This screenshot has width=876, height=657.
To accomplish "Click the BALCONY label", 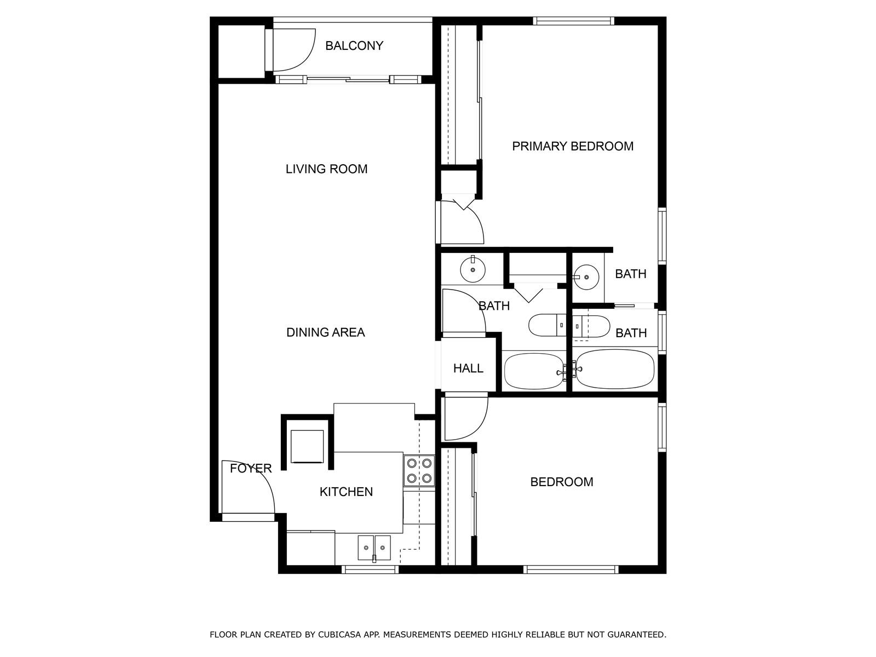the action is [x=354, y=46].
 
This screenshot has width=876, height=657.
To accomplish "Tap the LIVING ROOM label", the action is [x=326, y=169].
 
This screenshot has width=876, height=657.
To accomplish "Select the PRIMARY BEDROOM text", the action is [x=573, y=146].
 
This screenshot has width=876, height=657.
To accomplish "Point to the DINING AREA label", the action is [x=326, y=332].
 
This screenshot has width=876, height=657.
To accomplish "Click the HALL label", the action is [x=468, y=368].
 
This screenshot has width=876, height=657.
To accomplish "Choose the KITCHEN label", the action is [x=346, y=492].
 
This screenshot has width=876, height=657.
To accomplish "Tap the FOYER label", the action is [x=251, y=468].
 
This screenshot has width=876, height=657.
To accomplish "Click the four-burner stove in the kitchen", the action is [x=419, y=471].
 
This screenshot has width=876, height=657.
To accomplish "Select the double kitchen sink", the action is [x=374, y=547].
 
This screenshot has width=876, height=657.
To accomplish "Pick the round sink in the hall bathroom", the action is [x=473, y=270].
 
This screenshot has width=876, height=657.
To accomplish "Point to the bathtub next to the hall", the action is [x=534, y=372].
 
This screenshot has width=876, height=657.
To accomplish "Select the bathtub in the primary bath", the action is [x=615, y=369].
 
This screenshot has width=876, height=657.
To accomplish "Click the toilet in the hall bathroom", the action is [x=547, y=325].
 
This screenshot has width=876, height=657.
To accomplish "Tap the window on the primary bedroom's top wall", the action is [x=573, y=21].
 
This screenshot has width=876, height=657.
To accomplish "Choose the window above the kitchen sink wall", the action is [x=370, y=569].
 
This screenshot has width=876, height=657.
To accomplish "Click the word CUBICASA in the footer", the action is [x=338, y=634].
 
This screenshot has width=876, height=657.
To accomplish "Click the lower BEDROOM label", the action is [x=562, y=482].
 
